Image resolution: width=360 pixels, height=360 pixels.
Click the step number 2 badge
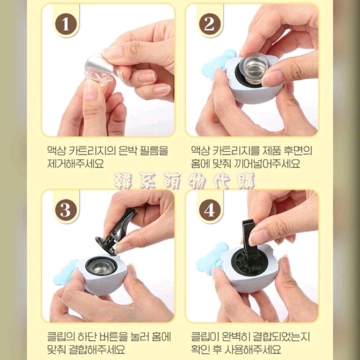[209, 24]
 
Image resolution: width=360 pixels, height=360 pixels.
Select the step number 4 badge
[209, 210]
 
